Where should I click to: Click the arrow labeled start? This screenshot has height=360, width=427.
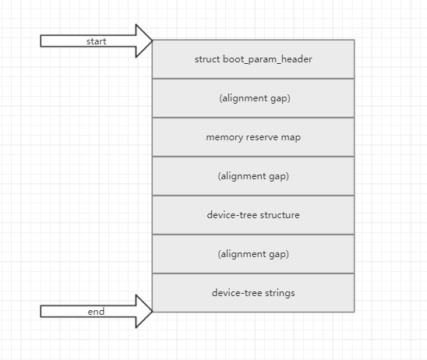click(x=96, y=41)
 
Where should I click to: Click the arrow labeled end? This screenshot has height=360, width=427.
click(x=96, y=311)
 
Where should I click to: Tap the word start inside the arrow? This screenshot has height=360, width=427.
click(x=96, y=41)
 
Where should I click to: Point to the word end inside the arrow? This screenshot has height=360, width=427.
click(x=96, y=312)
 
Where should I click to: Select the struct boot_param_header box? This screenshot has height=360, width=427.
click(x=253, y=59)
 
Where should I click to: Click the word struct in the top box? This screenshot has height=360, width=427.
click(x=207, y=59)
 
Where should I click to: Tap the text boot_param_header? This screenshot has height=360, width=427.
click(x=267, y=59)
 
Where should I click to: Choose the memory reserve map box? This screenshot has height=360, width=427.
click(x=253, y=137)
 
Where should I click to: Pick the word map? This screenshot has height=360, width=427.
click(x=291, y=138)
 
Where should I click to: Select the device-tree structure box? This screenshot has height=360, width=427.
click(x=253, y=215)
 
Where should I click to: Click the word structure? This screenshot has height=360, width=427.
click(x=280, y=215)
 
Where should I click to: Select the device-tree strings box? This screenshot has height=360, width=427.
click(x=253, y=293)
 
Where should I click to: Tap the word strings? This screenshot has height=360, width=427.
click(x=280, y=293)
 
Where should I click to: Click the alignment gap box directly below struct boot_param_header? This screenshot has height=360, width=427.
click(x=253, y=98)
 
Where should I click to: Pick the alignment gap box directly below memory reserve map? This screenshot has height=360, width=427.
click(x=253, y=176)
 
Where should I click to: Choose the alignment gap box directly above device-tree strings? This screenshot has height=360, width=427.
click(x=253, y=254)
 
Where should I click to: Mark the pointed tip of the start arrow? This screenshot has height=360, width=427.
click(x=153, y=41)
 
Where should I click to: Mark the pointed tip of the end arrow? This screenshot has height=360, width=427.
click(x=153, y=311)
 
